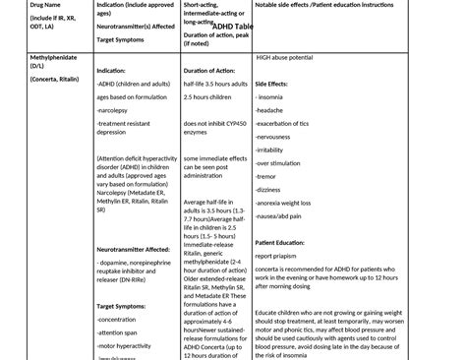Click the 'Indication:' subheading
coord(114,71)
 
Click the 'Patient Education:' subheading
coord(287,242)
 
